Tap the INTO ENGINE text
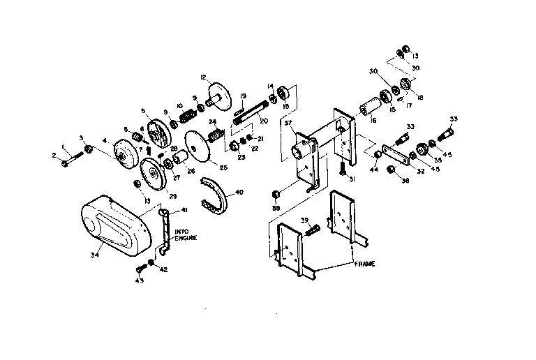[186, 235]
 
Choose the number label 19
[243, 96]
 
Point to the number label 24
[214, 122]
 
